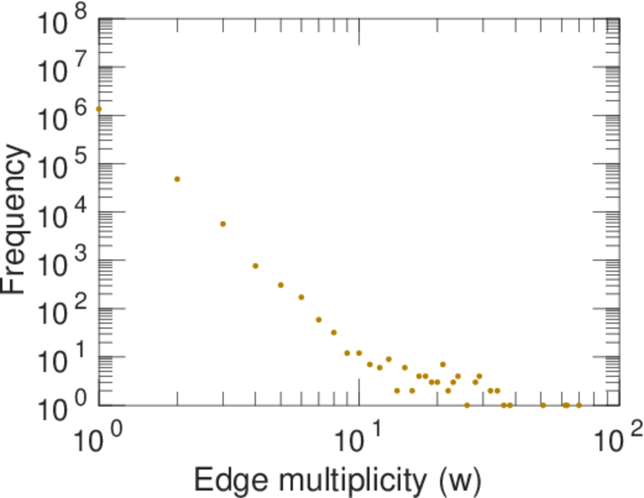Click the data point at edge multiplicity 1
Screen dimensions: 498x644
99,109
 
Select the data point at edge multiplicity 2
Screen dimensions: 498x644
177,179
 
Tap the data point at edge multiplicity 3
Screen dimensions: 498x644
222,224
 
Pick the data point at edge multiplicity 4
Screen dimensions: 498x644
256,266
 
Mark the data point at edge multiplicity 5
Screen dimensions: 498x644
281,285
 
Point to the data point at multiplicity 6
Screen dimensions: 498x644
301,297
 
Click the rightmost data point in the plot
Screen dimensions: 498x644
578,405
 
